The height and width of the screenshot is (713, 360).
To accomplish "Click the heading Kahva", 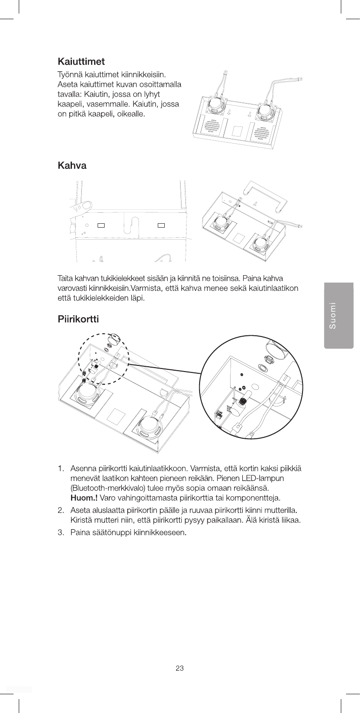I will pos(72,166).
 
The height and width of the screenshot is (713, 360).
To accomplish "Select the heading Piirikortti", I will pos(78,319).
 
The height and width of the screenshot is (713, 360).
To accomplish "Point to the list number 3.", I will pos(61,533).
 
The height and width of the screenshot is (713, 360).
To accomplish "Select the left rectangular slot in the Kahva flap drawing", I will pos(102,225).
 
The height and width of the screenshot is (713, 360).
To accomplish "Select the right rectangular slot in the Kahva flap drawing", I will pos(161,225).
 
